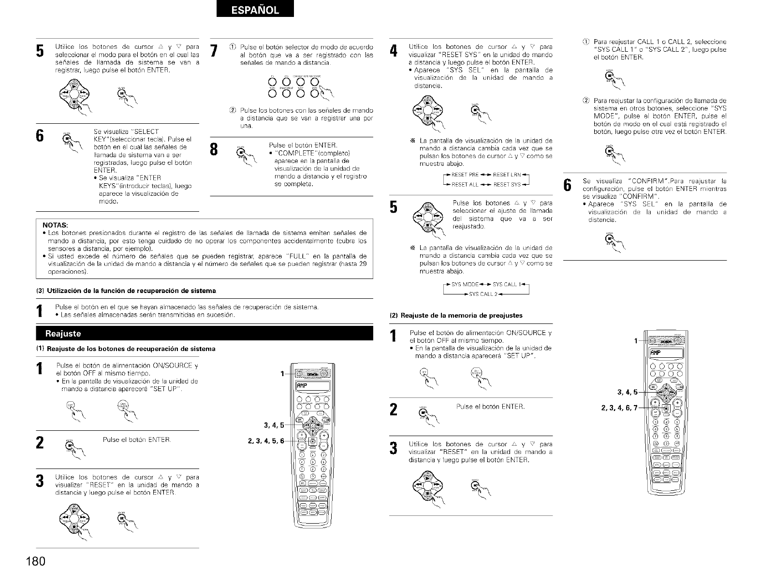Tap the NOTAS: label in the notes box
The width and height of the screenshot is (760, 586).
click(55, 225)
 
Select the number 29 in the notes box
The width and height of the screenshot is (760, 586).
click(362, 264)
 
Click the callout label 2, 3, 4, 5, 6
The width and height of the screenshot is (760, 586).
click(265, 440)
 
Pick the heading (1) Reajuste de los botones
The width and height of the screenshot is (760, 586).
click(125, 349)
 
